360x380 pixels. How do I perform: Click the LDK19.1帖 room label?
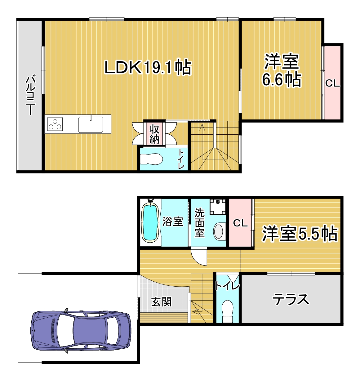pos(148,67)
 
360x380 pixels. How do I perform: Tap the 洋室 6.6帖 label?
pos(282,70)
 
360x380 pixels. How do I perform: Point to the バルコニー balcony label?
pos(30,94)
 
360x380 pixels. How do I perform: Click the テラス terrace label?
pos(291,299)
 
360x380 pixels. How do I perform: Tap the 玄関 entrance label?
pos(161,301)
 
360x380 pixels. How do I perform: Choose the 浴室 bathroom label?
pos(173,221)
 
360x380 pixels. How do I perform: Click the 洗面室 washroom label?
pos(200,223)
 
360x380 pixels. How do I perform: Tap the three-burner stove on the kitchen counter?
pos(55,124)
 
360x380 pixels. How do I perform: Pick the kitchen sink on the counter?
pos(91,124)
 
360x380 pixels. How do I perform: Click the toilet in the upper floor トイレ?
pos(151,159)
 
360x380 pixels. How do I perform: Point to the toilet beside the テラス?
pos(228,311)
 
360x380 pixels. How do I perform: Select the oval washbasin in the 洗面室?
pos(219,231)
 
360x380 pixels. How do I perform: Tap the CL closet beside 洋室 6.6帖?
pos(332,83)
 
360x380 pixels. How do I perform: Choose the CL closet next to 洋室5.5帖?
pos(240,223)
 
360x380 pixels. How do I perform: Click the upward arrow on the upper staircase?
pos(202,127)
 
